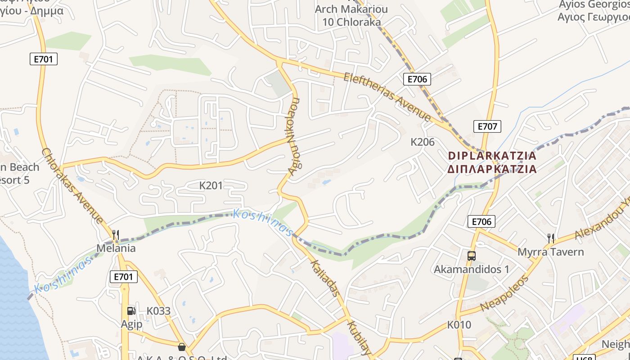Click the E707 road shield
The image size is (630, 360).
(487, 126)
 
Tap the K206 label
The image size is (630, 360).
(423, 142)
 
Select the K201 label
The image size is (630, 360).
(211, 185)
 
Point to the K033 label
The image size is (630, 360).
(158, 311)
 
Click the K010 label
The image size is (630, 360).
(459, 325)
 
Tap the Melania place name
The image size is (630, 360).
(116, 248)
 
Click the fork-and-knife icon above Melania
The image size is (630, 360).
(116, 234)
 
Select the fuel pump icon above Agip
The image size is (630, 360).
(131, 310)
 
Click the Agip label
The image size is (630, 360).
(131, 324)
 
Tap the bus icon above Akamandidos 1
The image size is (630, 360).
(471, 256)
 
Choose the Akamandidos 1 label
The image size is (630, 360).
(471, 270)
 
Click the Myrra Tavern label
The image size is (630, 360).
(550, 252)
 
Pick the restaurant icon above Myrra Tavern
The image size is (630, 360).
(550, 238)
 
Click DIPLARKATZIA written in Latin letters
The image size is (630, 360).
(492, 156)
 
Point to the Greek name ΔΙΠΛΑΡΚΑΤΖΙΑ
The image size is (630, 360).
(492, 169)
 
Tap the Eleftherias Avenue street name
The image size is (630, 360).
(387, 97)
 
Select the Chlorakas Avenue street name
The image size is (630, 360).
(72, 185)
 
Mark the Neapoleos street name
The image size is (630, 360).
(504, 293)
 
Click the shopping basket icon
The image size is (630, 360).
(182, 346)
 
